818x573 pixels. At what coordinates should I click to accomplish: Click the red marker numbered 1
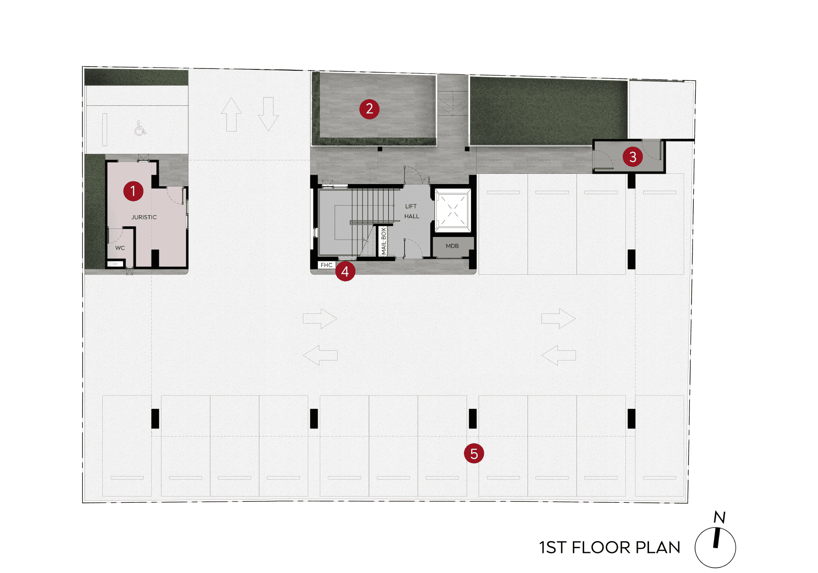133,191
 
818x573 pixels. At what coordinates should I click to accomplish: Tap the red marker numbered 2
369,109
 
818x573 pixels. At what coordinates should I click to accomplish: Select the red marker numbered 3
633,157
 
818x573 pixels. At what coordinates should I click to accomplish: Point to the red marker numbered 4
345,271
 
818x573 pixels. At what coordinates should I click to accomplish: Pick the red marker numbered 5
474,453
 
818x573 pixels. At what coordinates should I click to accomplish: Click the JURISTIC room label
144,217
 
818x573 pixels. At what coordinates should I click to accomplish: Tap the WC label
120,248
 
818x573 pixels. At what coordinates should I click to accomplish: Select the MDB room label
452,246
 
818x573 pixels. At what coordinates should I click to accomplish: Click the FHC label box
326,265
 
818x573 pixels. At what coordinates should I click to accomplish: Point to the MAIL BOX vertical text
384,241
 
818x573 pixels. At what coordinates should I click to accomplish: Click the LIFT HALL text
411,211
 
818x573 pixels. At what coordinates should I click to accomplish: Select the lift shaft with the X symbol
453,210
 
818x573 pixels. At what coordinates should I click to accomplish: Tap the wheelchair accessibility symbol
140,128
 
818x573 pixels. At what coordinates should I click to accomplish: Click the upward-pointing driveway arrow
231,115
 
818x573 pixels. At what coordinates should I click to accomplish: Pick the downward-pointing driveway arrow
268,114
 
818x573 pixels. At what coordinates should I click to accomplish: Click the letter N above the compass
720,517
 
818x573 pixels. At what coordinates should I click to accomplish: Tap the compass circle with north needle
715,547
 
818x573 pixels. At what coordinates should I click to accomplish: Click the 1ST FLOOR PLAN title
610,548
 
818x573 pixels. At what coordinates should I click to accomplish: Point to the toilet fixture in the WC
115,264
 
